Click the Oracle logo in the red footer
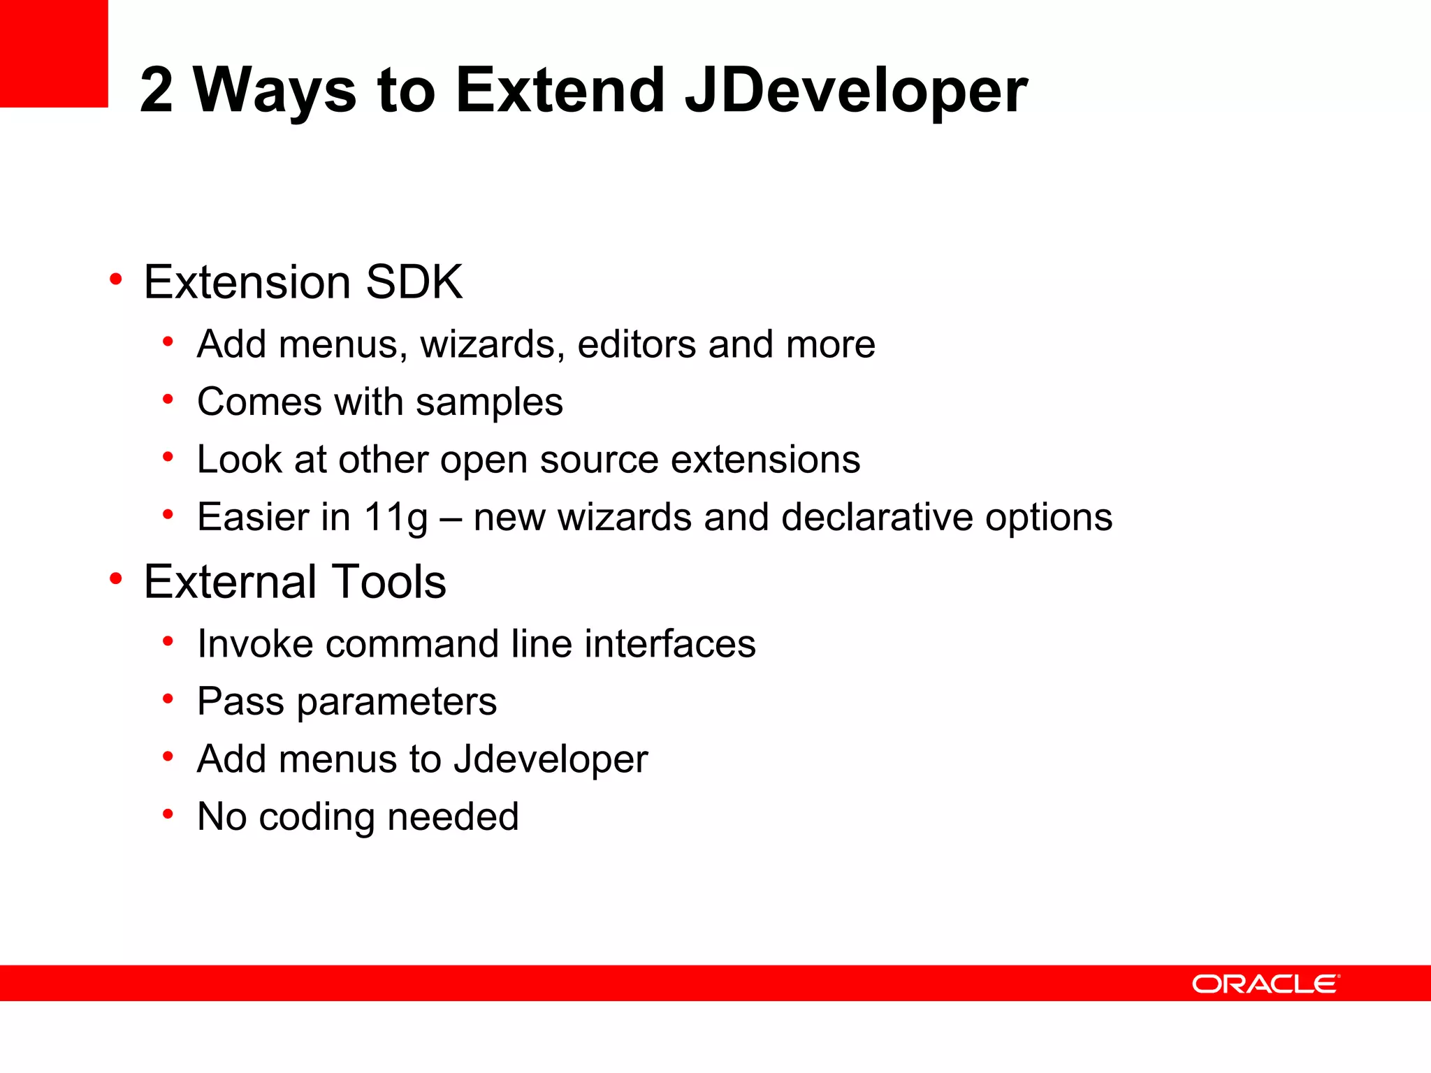pos(1265,984)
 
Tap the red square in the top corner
pos(54,53)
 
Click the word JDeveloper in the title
pos(855,91)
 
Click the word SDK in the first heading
pos(414,282)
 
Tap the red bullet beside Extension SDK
pos(116,280)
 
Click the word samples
pos(489,403)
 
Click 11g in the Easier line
pos(395,518)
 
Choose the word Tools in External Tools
pos(389,582)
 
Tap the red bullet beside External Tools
pos(116,579)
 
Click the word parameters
pos(396,703)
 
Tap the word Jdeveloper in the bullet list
pos(551,760)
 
